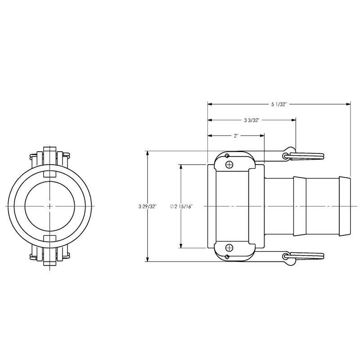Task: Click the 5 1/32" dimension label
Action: [279, 104]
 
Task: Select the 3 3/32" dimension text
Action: [252, 120]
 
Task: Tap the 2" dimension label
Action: [236, 136]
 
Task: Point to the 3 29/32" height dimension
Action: [148, 206]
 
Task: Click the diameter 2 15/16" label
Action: [181, 207]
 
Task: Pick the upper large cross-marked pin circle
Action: [229, 164]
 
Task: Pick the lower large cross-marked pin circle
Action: [229, 248]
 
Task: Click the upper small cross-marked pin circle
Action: [227, 156]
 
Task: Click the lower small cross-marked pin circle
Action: [227, 256]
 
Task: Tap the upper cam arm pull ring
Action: [306, 156]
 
